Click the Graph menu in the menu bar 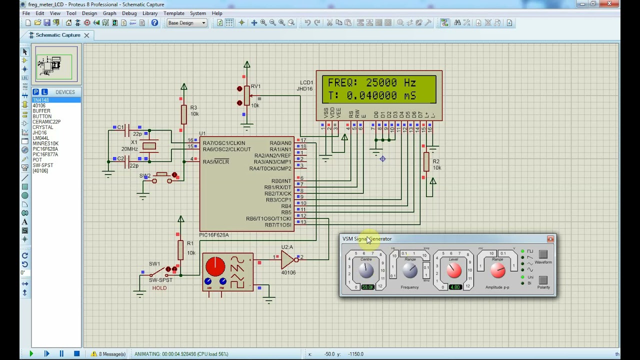point(109,13)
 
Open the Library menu point(150,13)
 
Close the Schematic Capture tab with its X point(86,35)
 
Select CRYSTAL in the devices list point(42,127)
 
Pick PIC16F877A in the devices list point(45,154)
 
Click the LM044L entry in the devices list point(40,138)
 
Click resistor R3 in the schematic point(183,114)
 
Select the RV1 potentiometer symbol point(246,96)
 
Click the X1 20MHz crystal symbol point(149,146)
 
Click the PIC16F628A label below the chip point(213,235)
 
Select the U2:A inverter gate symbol point(287,259)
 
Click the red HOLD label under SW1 point(159,288)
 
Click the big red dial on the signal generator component point(215,266)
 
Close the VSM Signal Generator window point(550,239)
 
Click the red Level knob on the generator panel point(454,270)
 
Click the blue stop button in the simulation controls point(76,354)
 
